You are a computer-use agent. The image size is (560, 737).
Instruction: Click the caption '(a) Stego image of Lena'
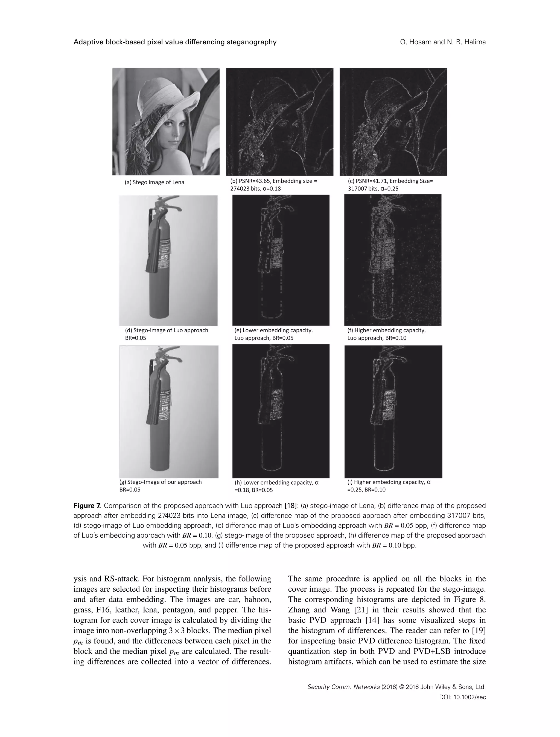click(154, 182)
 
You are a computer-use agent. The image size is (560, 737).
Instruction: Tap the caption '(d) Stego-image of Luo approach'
click(166, 330)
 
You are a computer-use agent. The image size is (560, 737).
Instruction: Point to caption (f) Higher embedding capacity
click(386, 330)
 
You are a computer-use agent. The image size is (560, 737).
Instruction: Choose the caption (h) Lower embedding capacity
click(277, 482)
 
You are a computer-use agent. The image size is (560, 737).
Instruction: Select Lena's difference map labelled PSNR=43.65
click(280, 122)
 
